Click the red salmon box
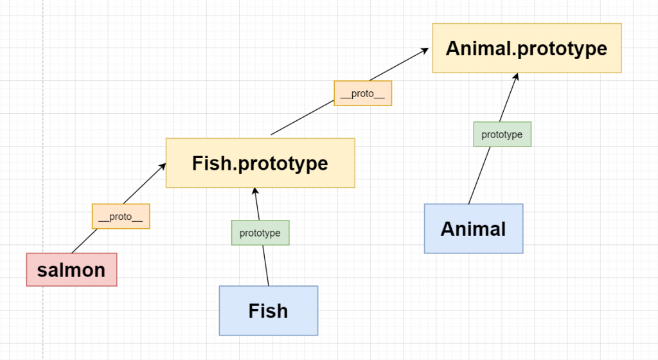click(71, 269)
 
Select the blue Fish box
click(268, 310)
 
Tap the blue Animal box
click(473, 228)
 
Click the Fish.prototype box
click(260, 163)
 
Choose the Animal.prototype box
click(526, 48)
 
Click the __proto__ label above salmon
click(121, 216)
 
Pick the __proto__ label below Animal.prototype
click(362, 93)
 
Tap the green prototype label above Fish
click(260, 233)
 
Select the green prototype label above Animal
click(502, 134)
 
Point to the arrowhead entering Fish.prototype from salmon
click(162, 167)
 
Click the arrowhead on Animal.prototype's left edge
click(427, 50)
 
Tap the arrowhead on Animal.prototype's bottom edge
click(515, 76)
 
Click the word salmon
click(71, 270)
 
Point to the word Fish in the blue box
click(268, 311)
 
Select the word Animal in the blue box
click(473, 229)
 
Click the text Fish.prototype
click(260, 163)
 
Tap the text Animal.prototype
click(526, 48)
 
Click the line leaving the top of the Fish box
click(266, 270)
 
